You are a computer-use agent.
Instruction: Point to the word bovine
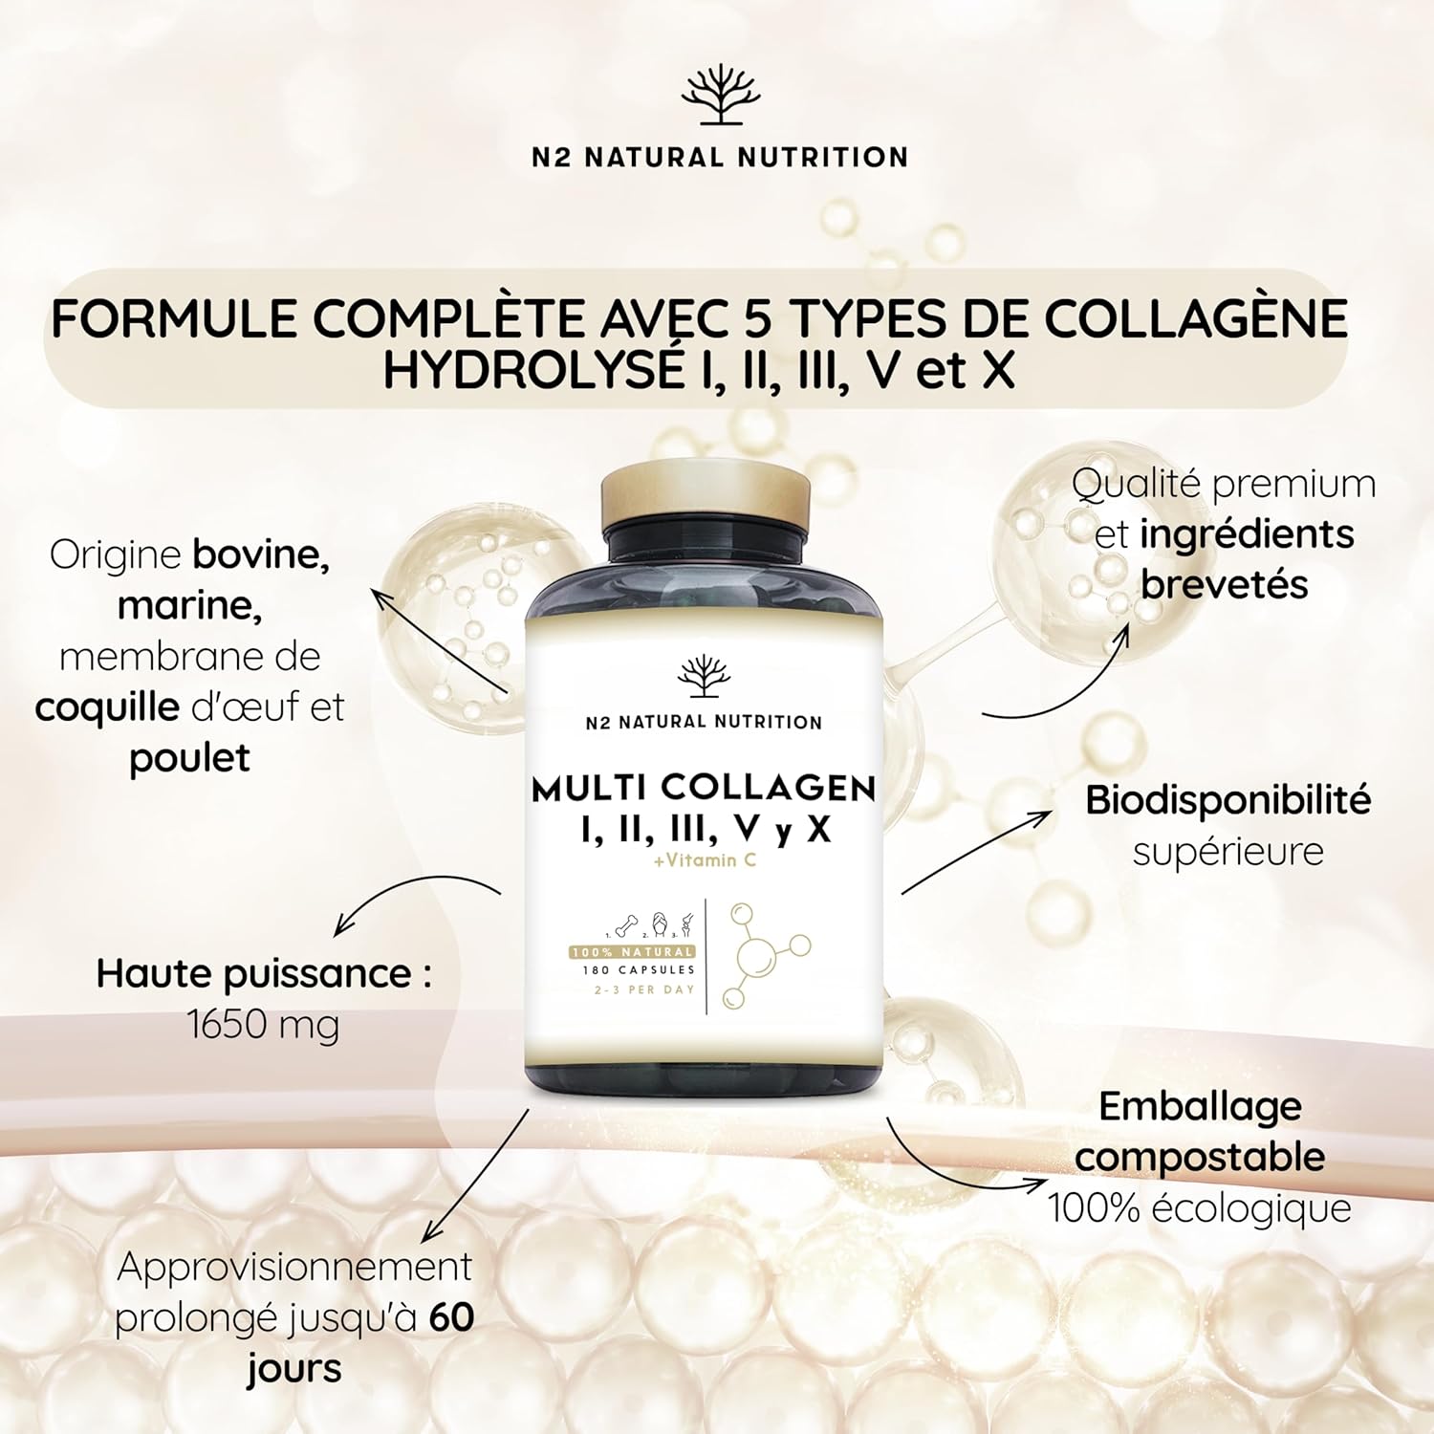pos(261,554)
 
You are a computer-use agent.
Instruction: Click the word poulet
pos(189,758)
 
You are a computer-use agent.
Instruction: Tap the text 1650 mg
pos(263,1025)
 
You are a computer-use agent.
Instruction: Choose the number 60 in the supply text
pos(451,1317)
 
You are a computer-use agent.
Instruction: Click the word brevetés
pos(1224,584)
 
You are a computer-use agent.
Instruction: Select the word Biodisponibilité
pos(1228,800)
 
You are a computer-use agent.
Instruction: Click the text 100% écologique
pos(1200,1208)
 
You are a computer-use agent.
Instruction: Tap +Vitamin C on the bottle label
pos(705,860)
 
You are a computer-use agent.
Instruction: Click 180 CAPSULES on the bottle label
pos(639,969)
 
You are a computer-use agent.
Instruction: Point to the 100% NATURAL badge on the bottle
pos(632,952)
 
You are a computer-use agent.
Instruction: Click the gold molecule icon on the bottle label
pos(763,954)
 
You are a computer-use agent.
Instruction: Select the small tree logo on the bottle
pos(704,677)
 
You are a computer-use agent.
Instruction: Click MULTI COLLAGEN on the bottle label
pos(704,789)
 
